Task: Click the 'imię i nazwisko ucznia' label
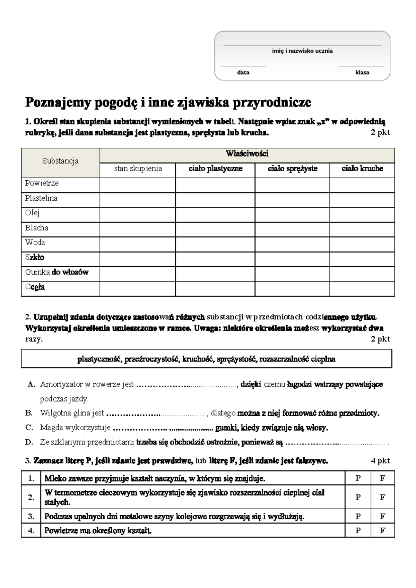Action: click(302, 51)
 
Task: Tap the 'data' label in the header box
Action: click(243, 72)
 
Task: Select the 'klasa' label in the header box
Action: click(362, 72)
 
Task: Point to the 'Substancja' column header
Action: click(60, 161)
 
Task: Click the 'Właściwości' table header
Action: click(247, 154)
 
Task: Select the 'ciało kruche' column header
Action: click(362, 168)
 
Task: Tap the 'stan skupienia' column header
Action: click(138, 168)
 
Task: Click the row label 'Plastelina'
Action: click(41, 198)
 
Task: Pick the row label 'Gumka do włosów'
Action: click(57, 272)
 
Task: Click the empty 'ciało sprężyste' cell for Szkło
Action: click(292, 259)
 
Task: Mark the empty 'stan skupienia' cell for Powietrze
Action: click(138, 185)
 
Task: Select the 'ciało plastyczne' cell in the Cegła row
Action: click(215, 288)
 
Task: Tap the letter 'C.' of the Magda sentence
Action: click(29, 428)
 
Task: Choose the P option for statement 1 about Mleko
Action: click(358, 478)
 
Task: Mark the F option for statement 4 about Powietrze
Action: click(382, 530)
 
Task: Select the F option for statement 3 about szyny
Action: click(382, 517)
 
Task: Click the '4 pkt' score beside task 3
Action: click(380, 461)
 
